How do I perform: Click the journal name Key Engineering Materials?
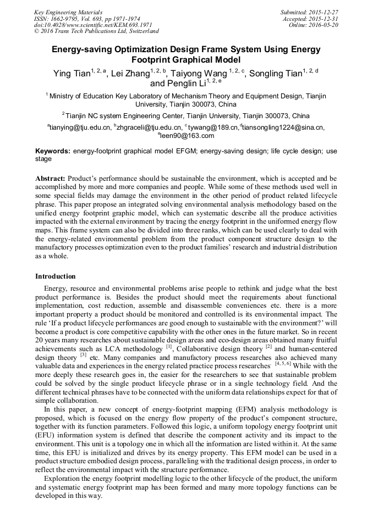click(x=68, y=12)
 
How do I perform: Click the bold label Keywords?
click(x=53, y=151)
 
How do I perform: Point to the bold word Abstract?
click(x=51, y=179)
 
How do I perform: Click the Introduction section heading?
click(x=56, y=276)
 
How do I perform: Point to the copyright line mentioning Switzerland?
click(x=96, y=31)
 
